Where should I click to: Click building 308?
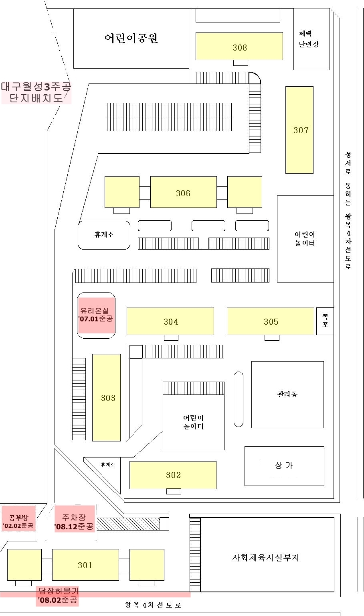pyautogui.click(x=239, y=47)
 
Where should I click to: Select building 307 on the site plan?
pyautogui.click(x=299, y=130)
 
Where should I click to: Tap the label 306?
pyautogui.click(x=183, y=193)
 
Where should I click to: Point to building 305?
pyautogui.click(x=271, y=321)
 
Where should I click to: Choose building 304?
pyautogui.click(x=170, y=321)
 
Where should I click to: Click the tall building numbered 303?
pyautogui.click(x=107, y=397)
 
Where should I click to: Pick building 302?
pyautogui.click(x=173, y=475)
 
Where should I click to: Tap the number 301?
pyautogui.click(x=85, y=565)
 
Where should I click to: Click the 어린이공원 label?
pyautogui.click(x=131, y=38)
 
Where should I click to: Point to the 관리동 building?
pyautogui.click(x=287, y=394)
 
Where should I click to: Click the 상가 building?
pyautogui.click(x=284, y=466)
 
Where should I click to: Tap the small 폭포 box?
pyautogui.click(x=325, y=321)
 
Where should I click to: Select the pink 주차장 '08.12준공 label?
pyautogui.click(x=74, y=522)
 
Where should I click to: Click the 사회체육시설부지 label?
pyautogui.click(x=265, y=557)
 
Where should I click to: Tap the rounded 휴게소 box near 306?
pyautogui.click(x=104, y=235)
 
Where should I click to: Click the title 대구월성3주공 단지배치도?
pyautogui.click(x=36, y=92)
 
